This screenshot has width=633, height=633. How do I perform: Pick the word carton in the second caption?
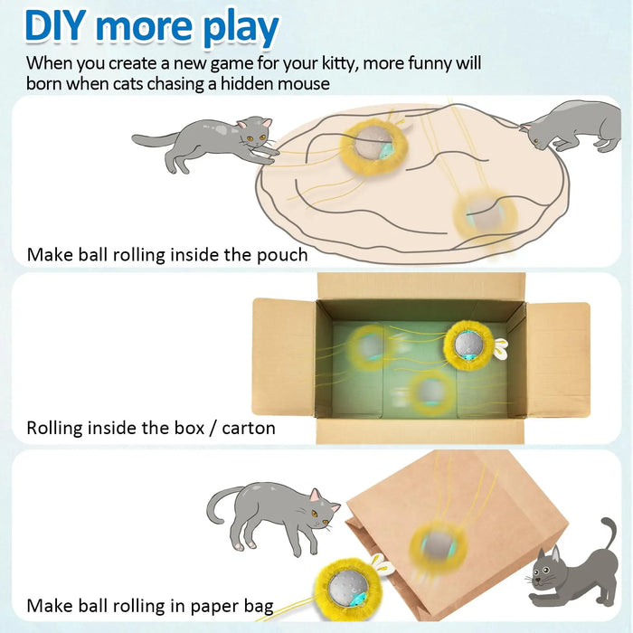(x=245, y=428)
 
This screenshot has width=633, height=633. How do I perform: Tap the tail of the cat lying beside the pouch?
(x=150, y=140)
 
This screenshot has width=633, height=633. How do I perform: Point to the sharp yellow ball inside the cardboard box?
(x=468, y=345)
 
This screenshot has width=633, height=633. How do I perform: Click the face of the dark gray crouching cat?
(x=549, y=573)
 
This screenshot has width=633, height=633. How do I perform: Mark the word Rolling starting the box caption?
(x=61, y=428)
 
